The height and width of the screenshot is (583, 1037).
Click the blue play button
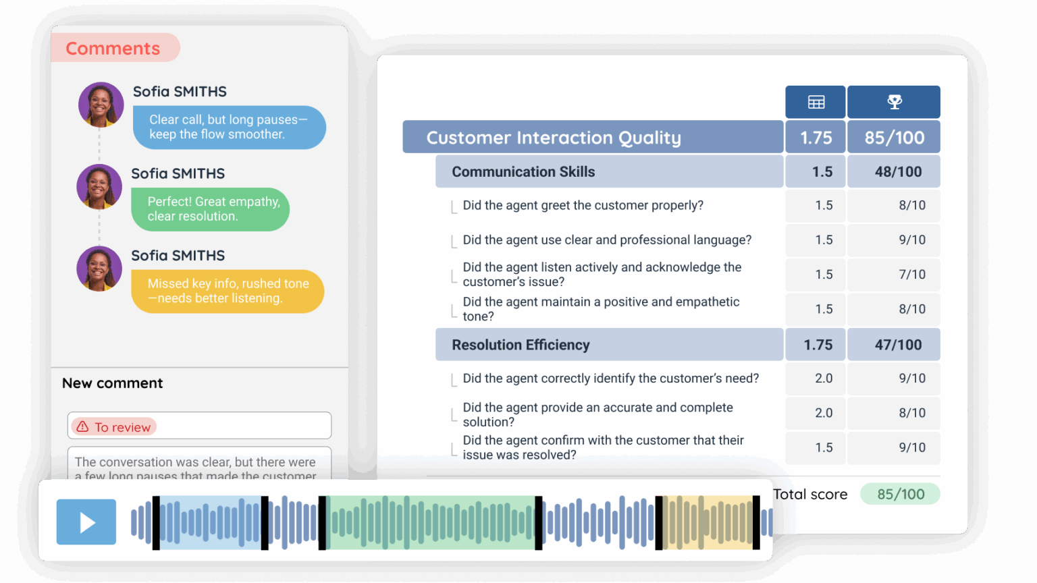(86, 522)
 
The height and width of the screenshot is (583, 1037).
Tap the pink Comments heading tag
(113, 49)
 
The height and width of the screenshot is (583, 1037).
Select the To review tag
(114, 427)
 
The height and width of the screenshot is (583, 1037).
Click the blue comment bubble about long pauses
(228, 127)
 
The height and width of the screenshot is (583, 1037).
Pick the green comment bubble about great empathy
(211, 209)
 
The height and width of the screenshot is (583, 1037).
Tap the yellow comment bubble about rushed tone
(228, 291)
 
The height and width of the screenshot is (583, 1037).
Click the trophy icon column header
(894, 102)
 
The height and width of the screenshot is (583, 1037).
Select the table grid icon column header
(816, 102)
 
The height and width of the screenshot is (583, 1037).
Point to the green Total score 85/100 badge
(900, 494)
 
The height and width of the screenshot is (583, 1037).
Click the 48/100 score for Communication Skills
(897, 172)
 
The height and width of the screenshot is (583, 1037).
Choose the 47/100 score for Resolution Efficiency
(897, 345)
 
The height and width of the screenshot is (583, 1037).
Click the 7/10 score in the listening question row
(911, 275)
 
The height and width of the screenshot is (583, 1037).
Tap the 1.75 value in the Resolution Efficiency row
(818, 345)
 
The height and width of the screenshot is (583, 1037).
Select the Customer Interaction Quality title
(554, 138)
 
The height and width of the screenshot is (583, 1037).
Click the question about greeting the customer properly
(583, 205)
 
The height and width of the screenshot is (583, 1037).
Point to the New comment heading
(113, 383)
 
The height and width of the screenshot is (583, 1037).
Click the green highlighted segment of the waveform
(430, 522)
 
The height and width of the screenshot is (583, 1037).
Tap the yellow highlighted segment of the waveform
(708, 522)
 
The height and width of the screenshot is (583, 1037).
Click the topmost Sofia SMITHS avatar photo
(101, 105)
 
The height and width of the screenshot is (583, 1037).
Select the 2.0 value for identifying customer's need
(824, 379)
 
